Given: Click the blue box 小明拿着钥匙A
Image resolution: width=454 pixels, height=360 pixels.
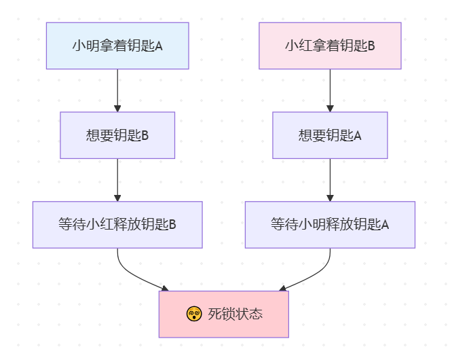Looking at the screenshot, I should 117,46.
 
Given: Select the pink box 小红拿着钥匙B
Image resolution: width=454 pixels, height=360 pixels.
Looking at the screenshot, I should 330,46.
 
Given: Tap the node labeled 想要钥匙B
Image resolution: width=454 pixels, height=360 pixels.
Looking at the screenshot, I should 117,135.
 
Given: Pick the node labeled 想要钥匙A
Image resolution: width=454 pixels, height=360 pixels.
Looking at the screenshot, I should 330,135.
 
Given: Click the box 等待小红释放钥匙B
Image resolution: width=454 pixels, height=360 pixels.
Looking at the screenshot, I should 117,224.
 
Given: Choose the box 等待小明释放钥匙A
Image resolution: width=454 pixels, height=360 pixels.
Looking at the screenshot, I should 330,224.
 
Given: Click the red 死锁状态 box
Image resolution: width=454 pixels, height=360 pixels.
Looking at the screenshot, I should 223,314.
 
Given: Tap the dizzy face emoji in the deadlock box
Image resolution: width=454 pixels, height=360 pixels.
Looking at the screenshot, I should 193,314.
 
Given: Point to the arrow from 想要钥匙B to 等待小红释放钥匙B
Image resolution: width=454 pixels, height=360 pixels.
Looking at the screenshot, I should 117,179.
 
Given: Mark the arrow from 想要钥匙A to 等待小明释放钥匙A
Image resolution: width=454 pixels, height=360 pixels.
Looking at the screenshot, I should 330,179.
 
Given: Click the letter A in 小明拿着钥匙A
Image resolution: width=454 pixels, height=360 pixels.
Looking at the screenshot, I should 159,46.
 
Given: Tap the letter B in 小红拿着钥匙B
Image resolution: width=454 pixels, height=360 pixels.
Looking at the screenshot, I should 371,46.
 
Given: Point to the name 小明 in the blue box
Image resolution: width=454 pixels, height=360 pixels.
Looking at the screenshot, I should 85,46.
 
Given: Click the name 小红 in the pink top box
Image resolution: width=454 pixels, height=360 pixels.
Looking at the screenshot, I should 297,46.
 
